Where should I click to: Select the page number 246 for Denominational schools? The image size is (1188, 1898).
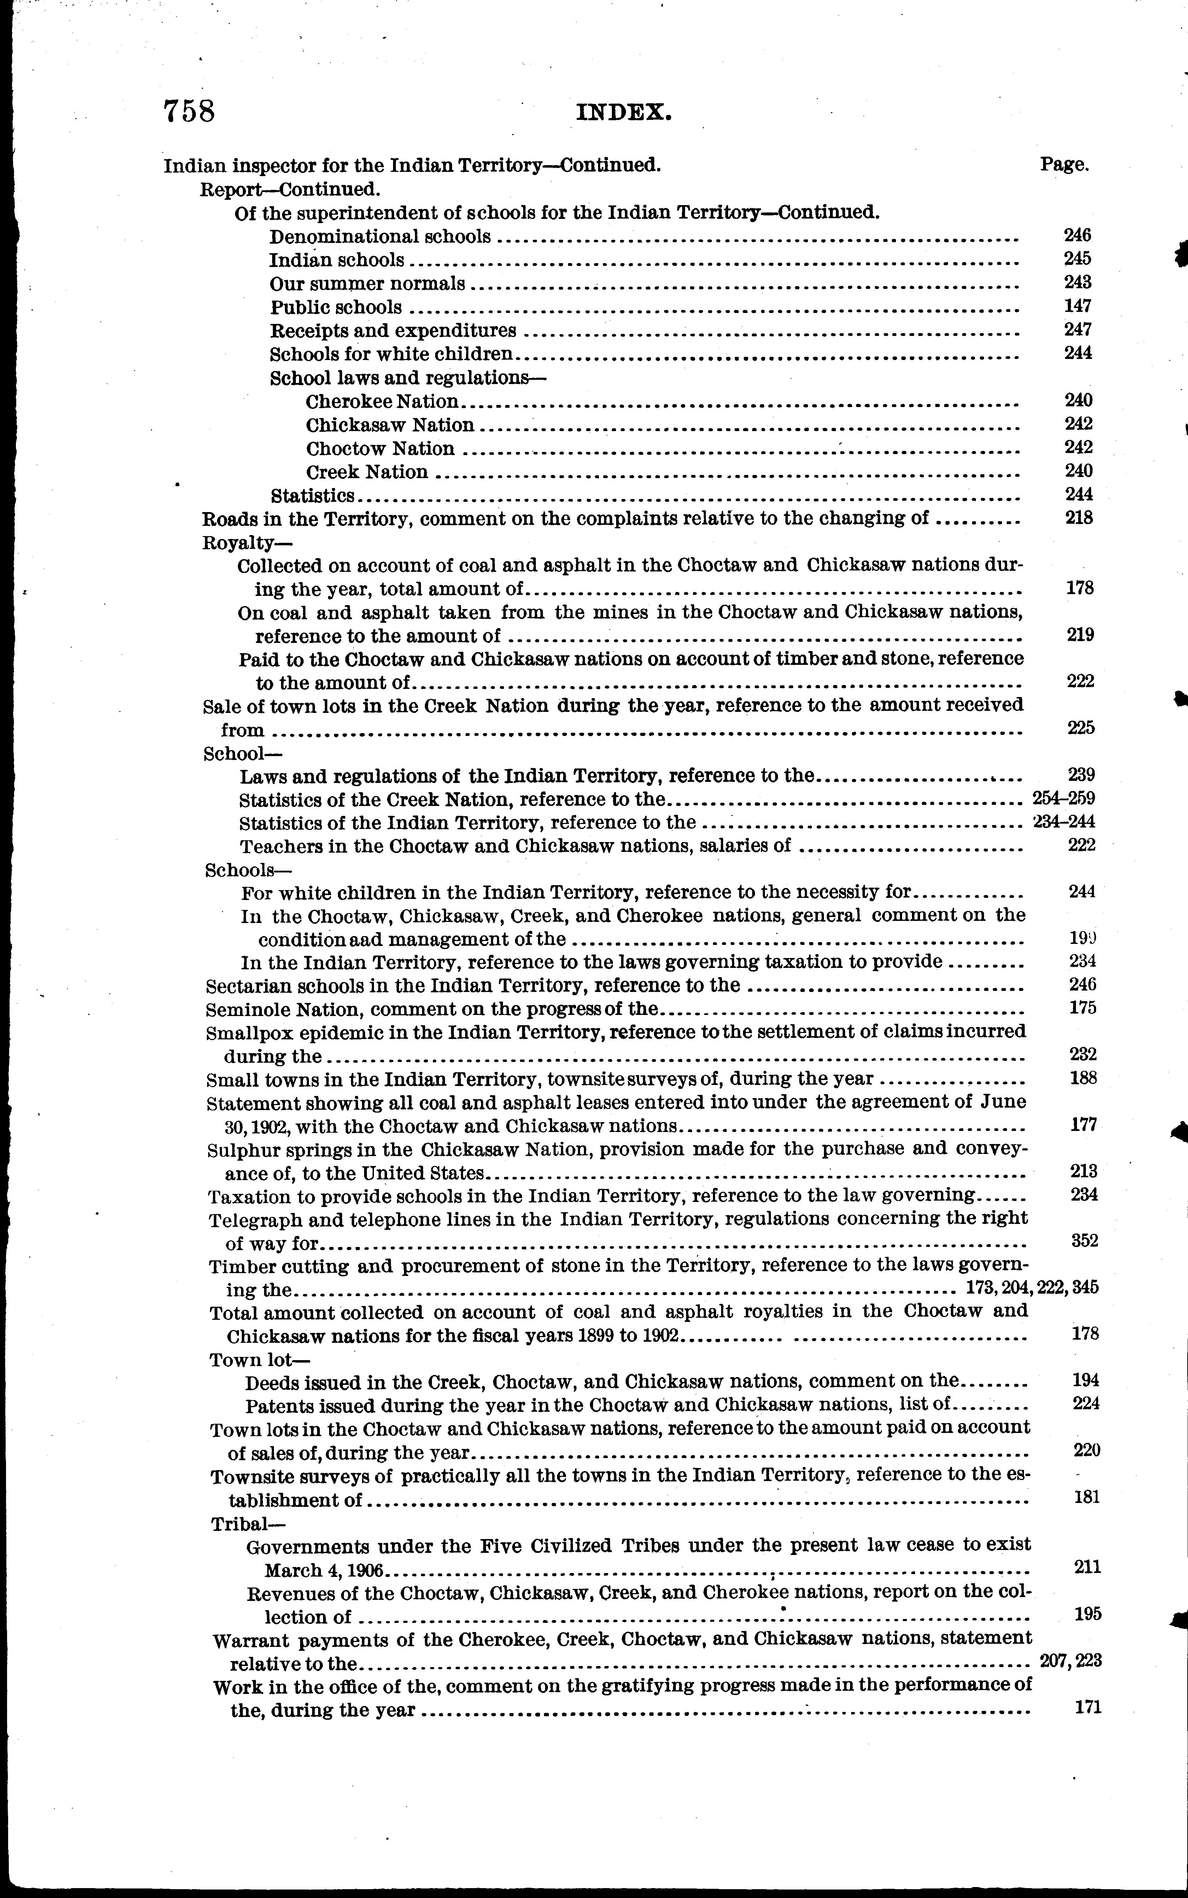click(1077, 235)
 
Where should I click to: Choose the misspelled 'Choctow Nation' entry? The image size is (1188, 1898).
click(380, 449)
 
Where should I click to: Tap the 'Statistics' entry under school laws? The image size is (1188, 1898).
click(312, 496)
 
